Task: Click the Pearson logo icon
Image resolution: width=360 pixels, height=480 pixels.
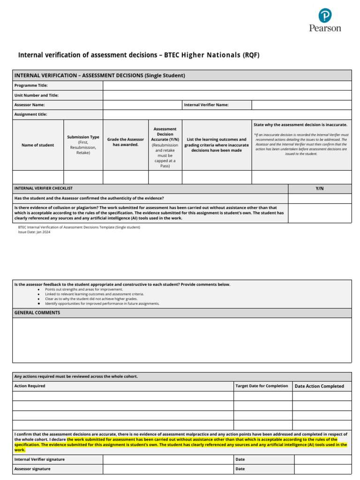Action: pos(325,16)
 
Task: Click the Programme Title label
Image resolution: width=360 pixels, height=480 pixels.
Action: pos(31,86)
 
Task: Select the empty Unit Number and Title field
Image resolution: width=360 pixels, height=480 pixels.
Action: pos(227,95)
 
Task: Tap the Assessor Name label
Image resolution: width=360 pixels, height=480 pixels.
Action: pos(30,105)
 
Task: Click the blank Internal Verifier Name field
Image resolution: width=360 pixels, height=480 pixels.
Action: pos(301,105)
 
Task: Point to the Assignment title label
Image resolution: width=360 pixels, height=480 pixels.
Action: pos(31,114)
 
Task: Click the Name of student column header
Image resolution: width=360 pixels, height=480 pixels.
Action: pos(37,145)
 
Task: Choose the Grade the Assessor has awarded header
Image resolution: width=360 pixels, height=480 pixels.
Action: pos(126,142)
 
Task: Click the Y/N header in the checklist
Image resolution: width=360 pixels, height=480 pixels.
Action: pos(320,188)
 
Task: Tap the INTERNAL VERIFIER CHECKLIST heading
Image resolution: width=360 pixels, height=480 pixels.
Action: pos(44,188)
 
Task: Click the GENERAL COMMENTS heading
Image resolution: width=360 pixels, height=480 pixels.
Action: pos(37,313)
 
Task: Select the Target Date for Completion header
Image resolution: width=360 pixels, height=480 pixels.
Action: pos(262,386)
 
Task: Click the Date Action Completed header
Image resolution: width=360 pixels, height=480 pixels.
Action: pos(319,386)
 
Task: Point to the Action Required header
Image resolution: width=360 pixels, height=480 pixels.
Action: pos(30,386)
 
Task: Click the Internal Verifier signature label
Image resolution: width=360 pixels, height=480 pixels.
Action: pos(40,459)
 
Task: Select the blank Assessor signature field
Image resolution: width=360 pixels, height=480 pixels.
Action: pos(168,469)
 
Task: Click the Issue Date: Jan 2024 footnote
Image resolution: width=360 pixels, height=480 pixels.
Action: pos(34,232)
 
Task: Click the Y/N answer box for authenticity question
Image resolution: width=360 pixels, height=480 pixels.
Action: pos(320,198)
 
